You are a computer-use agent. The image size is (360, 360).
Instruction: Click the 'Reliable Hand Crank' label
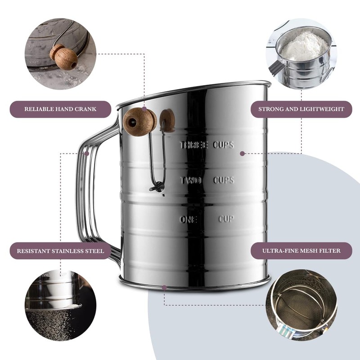60,109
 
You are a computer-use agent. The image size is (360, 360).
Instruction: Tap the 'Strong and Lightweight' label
301,109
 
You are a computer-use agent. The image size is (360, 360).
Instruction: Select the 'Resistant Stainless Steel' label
60,251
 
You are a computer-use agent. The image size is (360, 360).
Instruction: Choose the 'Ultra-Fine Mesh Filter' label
301,251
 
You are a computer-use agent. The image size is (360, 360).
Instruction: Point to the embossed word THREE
194,145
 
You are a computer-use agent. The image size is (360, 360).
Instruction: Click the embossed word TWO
191,180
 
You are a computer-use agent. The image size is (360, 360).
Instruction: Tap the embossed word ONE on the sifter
189,220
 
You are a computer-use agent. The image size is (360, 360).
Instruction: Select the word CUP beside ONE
226,219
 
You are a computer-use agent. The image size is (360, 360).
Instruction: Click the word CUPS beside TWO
224,180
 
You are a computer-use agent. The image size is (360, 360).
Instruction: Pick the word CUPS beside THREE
224,145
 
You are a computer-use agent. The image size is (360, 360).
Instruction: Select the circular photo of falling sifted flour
60,306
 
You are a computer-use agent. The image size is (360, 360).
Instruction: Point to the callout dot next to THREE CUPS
242,153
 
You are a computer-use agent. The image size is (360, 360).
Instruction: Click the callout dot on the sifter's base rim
164,287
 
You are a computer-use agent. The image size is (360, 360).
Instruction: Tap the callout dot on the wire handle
88,153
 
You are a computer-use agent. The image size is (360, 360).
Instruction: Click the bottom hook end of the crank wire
157,187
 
